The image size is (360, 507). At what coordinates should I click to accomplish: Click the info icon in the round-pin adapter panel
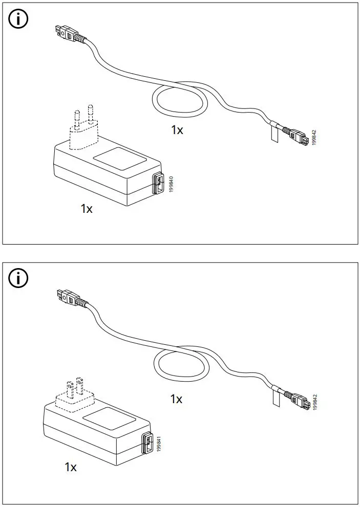pos(19,19)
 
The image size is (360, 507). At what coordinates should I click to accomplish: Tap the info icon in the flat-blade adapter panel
pos(19,279)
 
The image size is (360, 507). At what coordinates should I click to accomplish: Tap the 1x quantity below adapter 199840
pos(87,209)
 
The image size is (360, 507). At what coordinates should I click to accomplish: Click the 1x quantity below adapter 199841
pos(71,467)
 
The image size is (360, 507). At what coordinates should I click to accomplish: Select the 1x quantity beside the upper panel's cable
pos(177,130)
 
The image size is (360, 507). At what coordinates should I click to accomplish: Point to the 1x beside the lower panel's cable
pos(176,399)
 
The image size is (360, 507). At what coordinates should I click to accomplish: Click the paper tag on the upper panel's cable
pos(273,134)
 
